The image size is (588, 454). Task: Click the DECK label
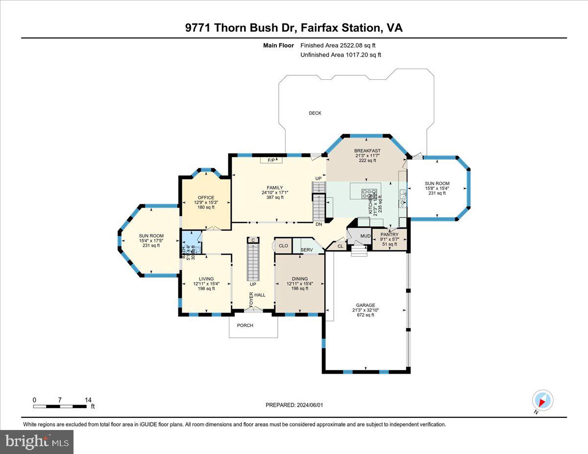[315, 113]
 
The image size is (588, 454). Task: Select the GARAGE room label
[366, 305]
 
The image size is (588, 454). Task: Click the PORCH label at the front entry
[245, 325]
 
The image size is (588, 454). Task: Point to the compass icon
[542, 400]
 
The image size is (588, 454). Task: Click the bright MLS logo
[37, 442]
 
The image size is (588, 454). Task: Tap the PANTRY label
[390, 235]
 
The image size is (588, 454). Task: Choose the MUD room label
[366, 237]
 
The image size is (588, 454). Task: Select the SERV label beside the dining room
[307, 250]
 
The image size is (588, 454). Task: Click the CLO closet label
[283, 246]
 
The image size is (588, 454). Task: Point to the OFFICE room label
[206, 198]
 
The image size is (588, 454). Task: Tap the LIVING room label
[206, 279]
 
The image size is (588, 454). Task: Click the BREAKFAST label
[367, 151]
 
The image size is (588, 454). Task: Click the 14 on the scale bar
[88, 400]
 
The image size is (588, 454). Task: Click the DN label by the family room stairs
[319, 224]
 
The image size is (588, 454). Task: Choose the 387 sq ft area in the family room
[275, 197]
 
